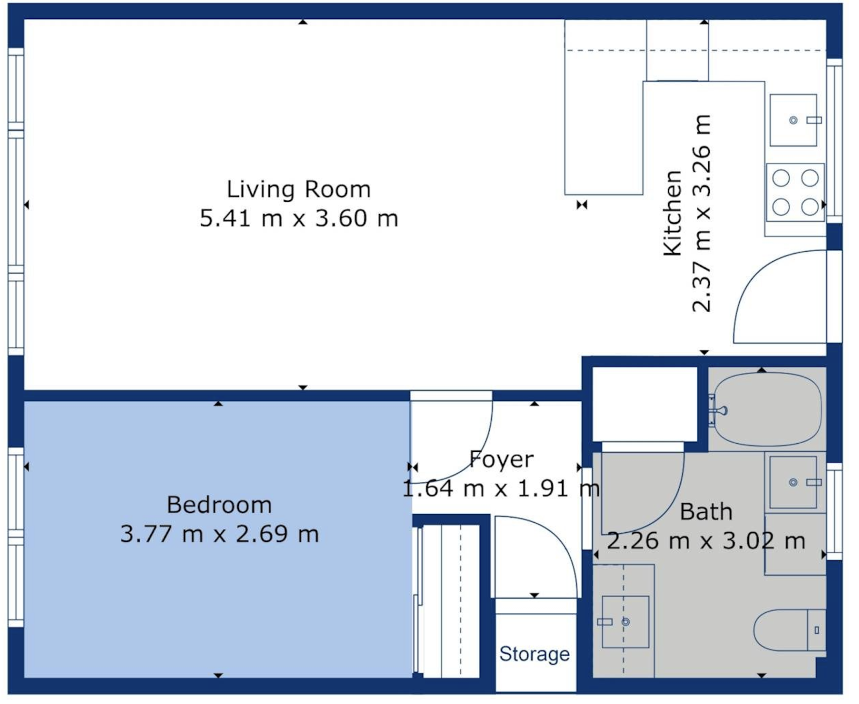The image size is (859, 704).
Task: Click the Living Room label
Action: click(299, 190)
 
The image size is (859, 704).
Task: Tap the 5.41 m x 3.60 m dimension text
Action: click(299, 218)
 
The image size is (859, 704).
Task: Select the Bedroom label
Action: click(219, 505)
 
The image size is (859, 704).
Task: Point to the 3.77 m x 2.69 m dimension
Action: click(219, 534)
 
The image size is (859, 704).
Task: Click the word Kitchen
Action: click(673, 213)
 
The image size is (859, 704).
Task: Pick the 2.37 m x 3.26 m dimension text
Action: click(701, 214)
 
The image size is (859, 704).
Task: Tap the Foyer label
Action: click(501, 460)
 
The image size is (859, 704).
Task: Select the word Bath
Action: click(706, 512)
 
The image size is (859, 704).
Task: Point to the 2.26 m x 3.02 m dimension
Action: click(706, 541)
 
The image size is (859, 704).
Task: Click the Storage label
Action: click(534, 654)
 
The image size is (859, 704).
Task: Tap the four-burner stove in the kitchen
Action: click(795, 193)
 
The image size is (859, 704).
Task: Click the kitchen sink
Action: click(793, 120)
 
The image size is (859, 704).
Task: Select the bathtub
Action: click(767, 409)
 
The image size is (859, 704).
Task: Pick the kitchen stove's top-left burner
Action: click(781, 178)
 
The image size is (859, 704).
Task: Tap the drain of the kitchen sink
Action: click(793, 120)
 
